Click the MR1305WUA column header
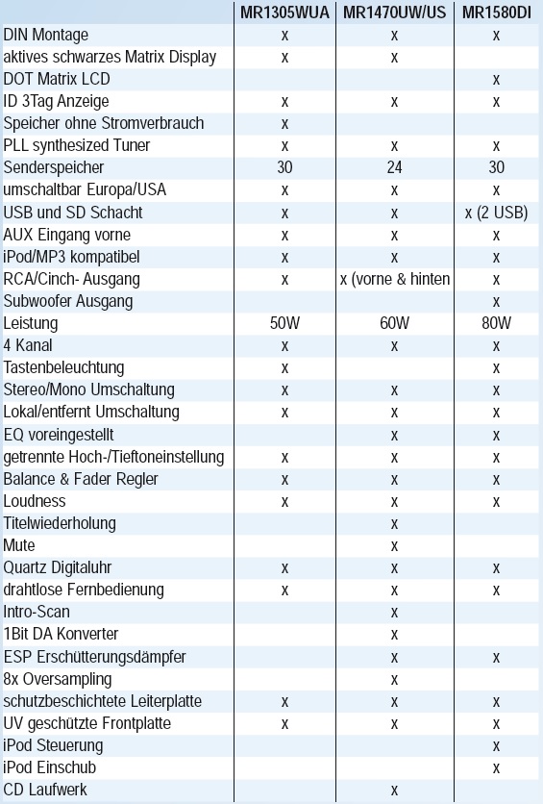pyautogui.click(x=284, y=13)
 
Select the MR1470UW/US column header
pyautogui.click(x=394, y=13)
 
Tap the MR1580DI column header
pyautogui.click(x=496, y=13)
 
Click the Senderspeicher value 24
pyautogui.click(x=394, y=167)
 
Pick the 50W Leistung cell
pyautogui.click(x=284, y=323)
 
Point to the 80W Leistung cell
pyautogui.click(x=496, y=323)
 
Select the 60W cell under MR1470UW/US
pyautogui.click(x=394, y=323)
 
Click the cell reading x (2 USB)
pyautogui.click(x=496, y=213)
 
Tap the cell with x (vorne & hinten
pyautogui.click(x=395, y=279)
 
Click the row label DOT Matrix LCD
pyautogui.click(x=57, y=79)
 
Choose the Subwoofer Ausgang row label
pyautogui.click(x=67, y=302)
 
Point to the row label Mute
pyautogui.click(x=19, y=545)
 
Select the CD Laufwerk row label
pyautogui.click(x=45, y=790)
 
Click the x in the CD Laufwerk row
pyautogui.click(x=394, y=791)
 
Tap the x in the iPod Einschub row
pyautogui.click(x=496, y=768)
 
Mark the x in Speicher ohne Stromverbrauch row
pyautogui.click(x=284, y=124)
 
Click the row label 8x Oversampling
pyautogui.click(x=58, y=679)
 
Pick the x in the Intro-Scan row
pyautogui.click(x=394, y=613)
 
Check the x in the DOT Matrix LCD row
pyautogui.click(x=496, y=80)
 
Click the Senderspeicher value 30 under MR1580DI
pyautogui.click(x=496, y=167)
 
